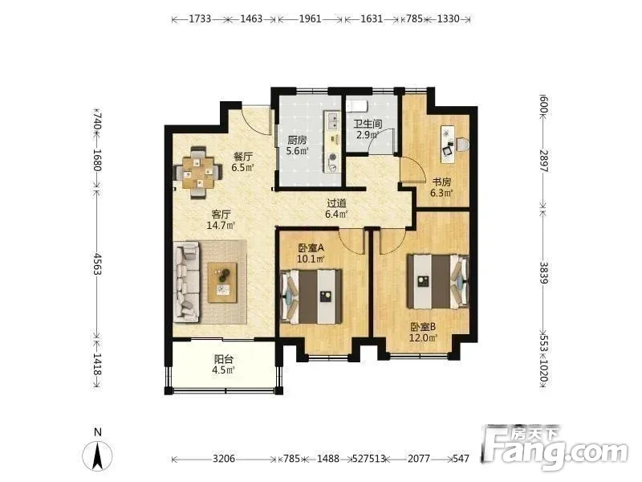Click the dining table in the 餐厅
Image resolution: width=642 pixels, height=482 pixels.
point(198,172)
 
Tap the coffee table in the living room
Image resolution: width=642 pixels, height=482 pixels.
point(222,283)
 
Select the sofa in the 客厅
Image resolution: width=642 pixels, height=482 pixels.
point(186,282)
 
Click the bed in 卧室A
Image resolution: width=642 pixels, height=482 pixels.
point(311,296)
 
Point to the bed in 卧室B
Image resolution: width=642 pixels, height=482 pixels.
point(437,282)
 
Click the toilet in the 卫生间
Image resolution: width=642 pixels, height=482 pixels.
point(356,106)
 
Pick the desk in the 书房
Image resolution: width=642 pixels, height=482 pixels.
point(448,145)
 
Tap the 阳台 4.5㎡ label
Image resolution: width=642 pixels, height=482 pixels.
point(224,365)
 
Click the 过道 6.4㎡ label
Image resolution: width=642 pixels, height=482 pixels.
point(336,208)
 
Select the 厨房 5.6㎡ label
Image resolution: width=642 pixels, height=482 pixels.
point(297,145)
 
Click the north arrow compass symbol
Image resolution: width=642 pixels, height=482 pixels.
point(97,455)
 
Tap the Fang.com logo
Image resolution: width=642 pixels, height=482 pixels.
point(555,448)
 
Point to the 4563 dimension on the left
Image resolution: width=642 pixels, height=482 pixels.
point(97,264)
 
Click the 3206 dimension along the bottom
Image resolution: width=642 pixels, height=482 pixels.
point(224,459)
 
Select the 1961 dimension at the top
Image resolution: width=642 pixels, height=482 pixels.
point(310,18)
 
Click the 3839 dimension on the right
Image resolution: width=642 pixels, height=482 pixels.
point(543,272)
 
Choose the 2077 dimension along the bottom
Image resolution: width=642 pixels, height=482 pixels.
point(419,459)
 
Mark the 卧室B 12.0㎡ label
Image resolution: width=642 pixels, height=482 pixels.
point(424,333)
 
